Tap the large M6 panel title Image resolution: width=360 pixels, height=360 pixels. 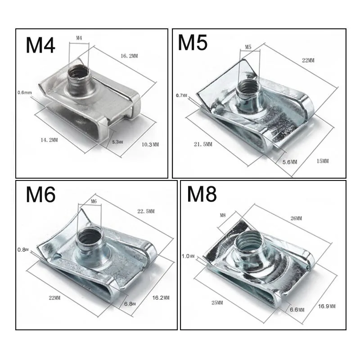[40, 194]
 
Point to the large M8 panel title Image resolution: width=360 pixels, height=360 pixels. [202, 194]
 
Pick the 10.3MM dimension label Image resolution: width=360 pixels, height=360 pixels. [150, 144]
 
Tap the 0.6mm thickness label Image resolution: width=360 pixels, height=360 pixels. [25, 93]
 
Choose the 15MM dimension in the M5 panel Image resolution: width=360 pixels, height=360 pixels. [322, 161]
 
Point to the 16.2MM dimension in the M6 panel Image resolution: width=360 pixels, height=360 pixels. [161, 297]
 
